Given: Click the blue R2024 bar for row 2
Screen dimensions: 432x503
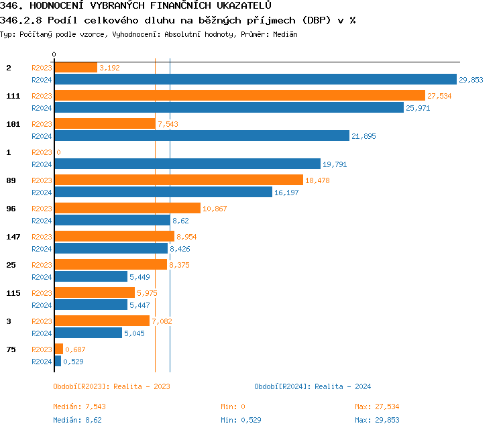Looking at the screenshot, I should point(255,79).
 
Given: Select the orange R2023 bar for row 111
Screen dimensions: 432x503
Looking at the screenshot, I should point(239,95).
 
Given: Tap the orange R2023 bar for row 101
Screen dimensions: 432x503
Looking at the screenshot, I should point(105,123).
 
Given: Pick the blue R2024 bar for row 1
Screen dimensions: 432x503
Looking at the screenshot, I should point(187,164).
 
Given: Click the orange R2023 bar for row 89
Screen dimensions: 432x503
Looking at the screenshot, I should point(178,180).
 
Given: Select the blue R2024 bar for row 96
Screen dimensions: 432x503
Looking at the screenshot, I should point(112,220).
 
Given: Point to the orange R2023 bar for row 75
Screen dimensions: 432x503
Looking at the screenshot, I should point(58,349).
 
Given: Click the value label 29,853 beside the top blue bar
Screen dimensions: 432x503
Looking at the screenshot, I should point(471,80).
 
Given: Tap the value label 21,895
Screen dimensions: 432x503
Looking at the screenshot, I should point(364,136).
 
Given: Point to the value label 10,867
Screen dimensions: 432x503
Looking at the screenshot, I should point(215,209).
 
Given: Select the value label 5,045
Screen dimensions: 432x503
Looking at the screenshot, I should point(135,333).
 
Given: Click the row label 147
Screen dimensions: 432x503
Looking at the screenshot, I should point(13,237).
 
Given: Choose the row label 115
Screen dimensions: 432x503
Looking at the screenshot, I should point(13,293).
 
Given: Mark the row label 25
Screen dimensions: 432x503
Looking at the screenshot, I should point(10,265).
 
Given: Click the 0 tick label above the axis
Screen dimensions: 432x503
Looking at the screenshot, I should point(54,55).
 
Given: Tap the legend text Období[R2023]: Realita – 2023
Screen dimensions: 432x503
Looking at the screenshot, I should point(111,386).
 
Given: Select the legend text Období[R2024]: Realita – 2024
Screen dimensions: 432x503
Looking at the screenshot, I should point(313,386).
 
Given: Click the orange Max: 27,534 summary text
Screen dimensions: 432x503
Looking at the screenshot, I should point(377,407).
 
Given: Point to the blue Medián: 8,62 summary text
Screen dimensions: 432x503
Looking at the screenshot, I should point(77,420).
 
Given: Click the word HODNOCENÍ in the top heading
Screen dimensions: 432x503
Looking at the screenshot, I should point(54,6).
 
